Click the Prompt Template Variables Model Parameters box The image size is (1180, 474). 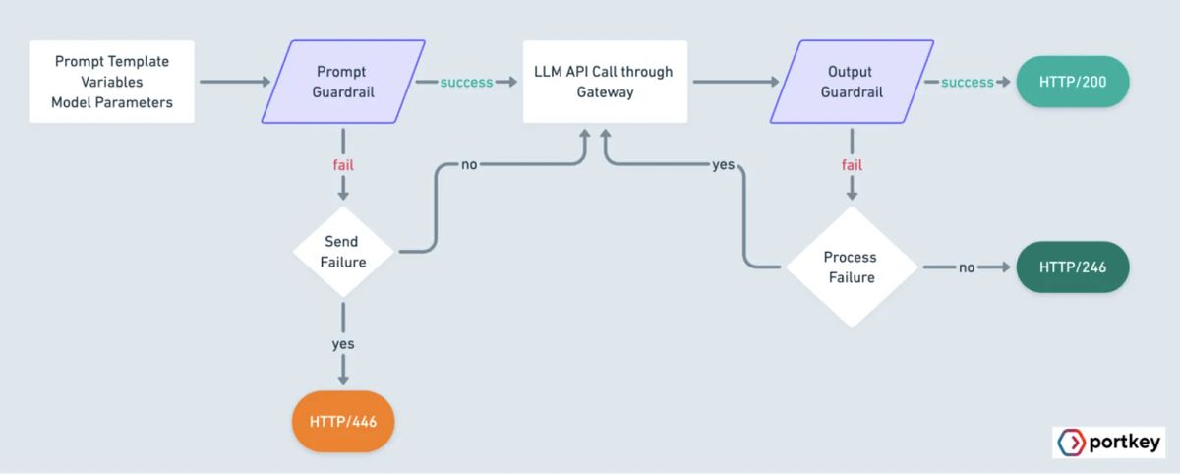(112, 82)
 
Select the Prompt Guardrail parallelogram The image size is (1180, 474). (343, 82)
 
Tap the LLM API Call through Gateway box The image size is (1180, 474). (605, 82)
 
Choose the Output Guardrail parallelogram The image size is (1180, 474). (852, 82)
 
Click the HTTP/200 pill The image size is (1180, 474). (1073, 82)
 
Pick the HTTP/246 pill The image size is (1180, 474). (1073, 267)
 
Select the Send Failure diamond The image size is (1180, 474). (343, 252)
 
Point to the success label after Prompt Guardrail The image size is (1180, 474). (466, 82)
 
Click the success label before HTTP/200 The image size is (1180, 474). (968, 82)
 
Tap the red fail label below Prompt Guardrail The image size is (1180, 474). (343, 164)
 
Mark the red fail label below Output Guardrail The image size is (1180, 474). (852, 164)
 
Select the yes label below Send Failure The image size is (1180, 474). (343, 344)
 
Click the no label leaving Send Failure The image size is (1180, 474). (469, 164)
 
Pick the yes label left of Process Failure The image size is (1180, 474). (723, 164)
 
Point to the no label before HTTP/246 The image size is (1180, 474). (967, 267)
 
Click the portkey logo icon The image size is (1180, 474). (1071, 443)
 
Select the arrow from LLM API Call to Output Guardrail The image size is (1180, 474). (733, 82)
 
